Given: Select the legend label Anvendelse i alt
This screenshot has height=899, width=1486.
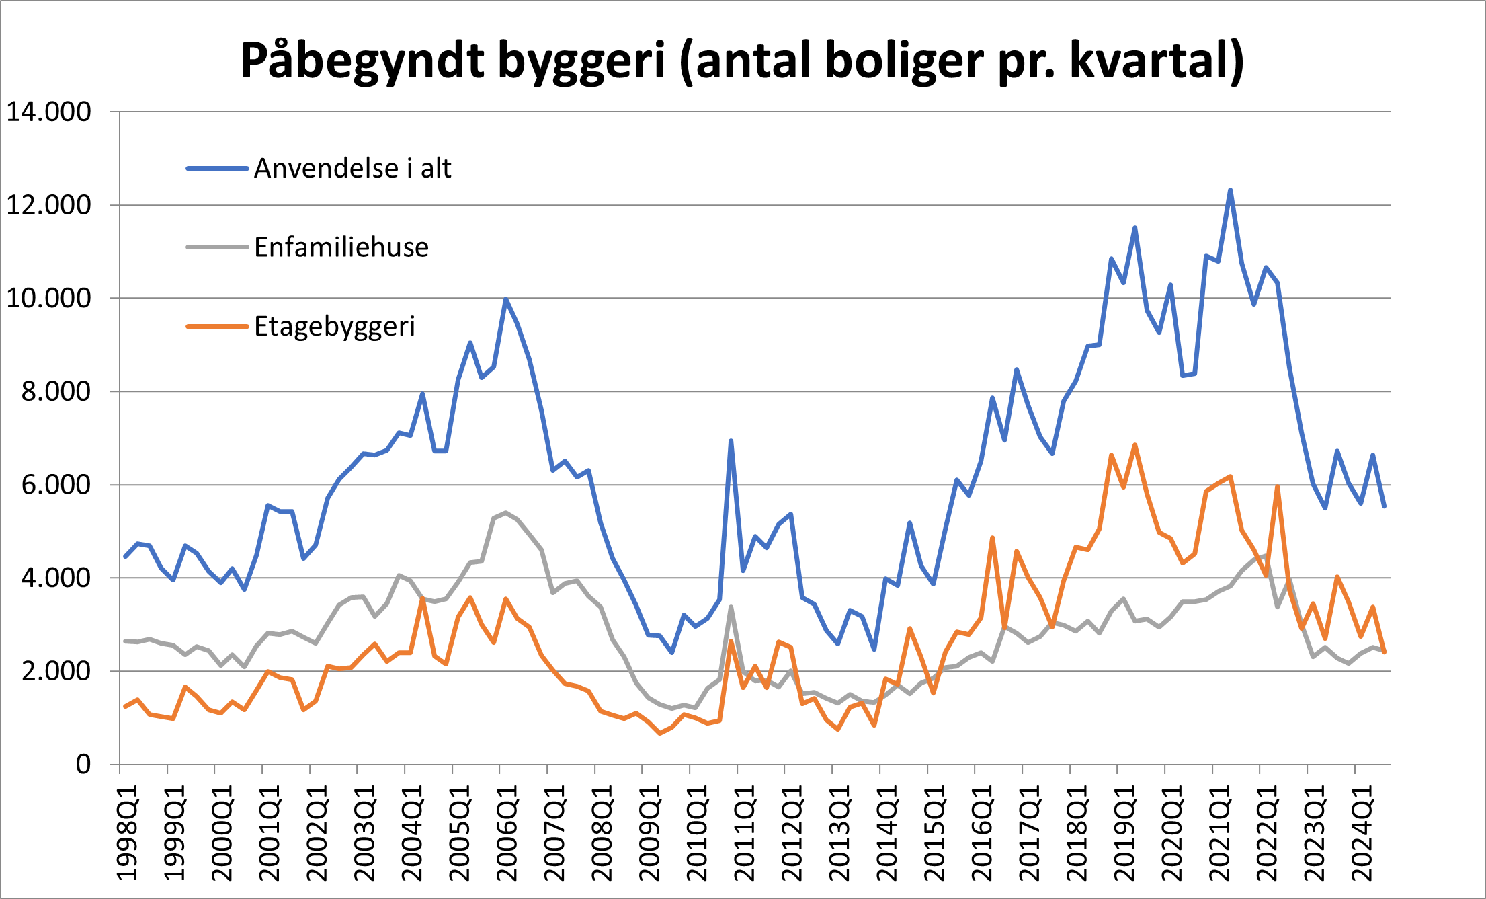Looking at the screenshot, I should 352,168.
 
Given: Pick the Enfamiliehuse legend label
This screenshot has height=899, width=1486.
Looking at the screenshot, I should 341,247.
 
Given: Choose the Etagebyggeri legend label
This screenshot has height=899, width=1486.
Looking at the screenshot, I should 335,327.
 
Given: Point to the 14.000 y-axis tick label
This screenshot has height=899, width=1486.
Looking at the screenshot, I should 48,112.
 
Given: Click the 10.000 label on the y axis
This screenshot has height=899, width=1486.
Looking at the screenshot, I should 48,298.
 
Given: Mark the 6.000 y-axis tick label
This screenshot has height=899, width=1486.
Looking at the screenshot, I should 56,485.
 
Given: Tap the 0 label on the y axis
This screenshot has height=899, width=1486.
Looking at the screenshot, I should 83,765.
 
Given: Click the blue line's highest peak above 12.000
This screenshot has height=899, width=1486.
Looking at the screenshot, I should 1230,190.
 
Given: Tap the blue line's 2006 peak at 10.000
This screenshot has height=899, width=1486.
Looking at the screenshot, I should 505,299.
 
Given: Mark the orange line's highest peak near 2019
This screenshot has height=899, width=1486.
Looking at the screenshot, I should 1135,445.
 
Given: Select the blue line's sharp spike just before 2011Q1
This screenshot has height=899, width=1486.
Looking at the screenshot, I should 731,441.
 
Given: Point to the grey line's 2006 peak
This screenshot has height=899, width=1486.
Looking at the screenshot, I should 505,512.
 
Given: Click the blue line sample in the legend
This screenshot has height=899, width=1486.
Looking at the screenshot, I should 217,168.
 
